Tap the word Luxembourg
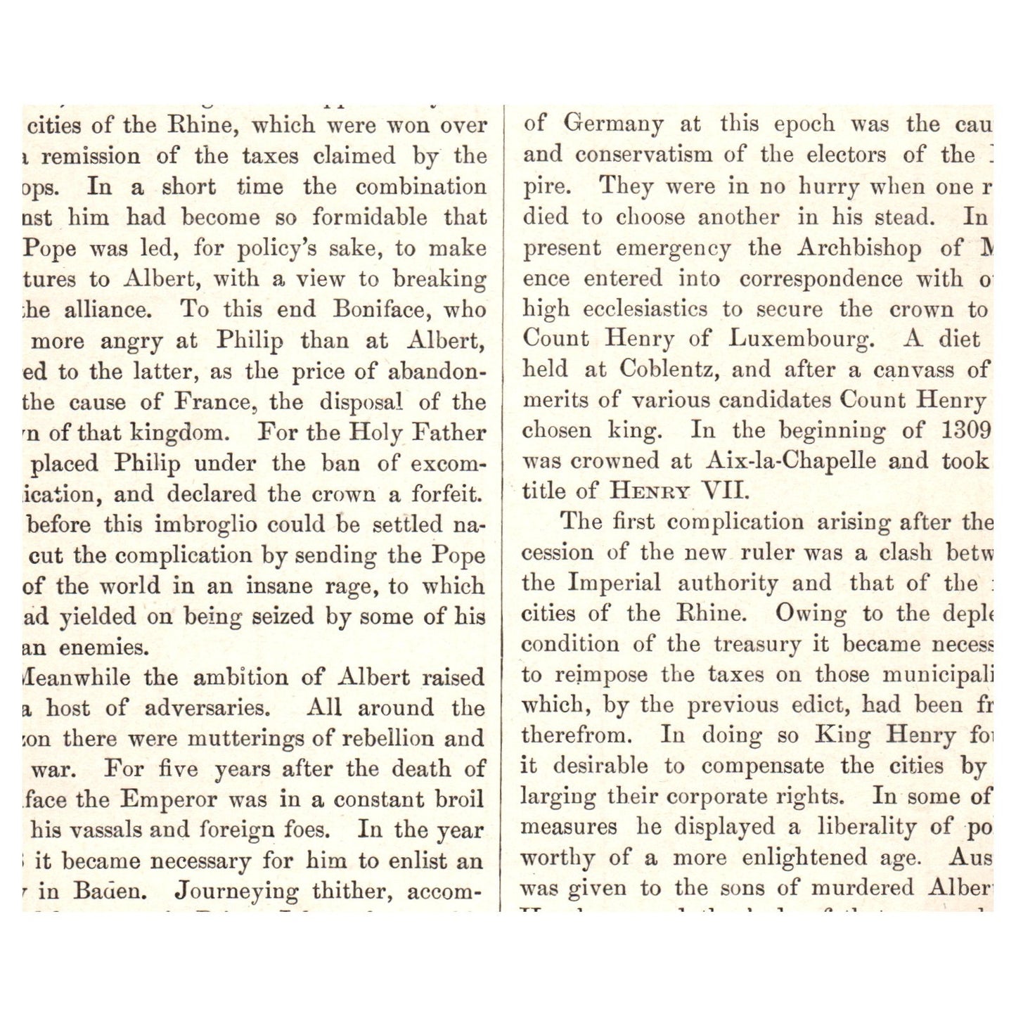802,340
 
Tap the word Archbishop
859,248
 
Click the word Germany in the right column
613,125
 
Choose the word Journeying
236,892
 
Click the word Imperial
614,584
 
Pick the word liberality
867,828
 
